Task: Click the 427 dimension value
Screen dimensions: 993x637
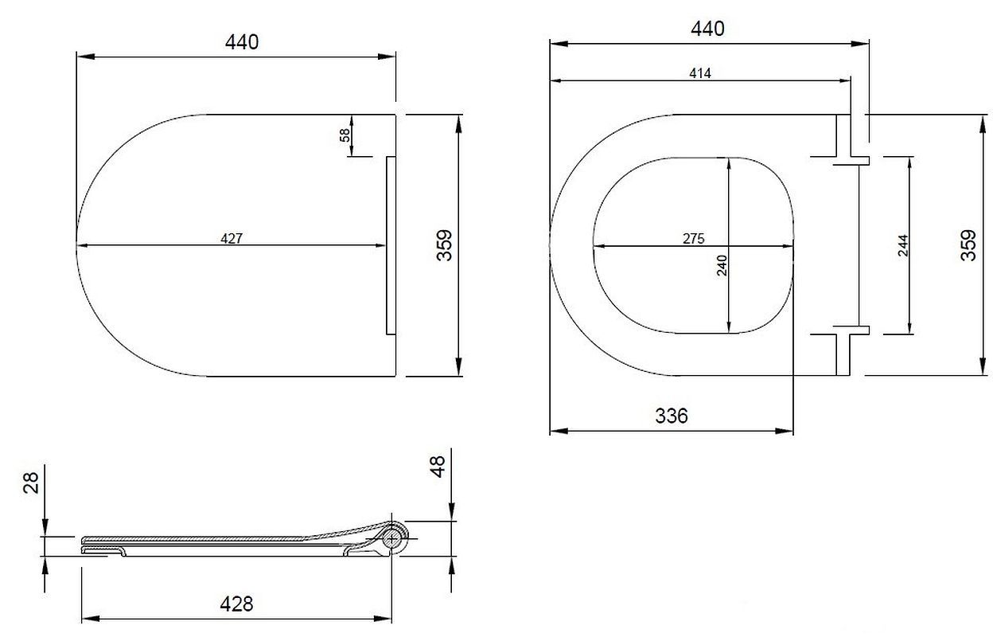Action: click(x=232, y=239)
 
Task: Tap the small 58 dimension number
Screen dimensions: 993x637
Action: click(x=345, y=135)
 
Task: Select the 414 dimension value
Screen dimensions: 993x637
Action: click(x=700, y=73)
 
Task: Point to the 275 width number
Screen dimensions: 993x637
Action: click(x=693, y=239)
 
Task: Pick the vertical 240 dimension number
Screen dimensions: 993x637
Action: click(x=722, y=265)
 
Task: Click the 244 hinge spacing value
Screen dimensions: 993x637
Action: click(x=902, y=245)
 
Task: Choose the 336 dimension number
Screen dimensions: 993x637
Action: click(x=672, y=416)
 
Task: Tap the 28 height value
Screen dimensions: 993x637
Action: click(x=31, y=483)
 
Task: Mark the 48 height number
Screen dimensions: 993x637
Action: click(x=438, y=467)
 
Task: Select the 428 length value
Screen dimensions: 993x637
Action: click(x=236, y=604)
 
